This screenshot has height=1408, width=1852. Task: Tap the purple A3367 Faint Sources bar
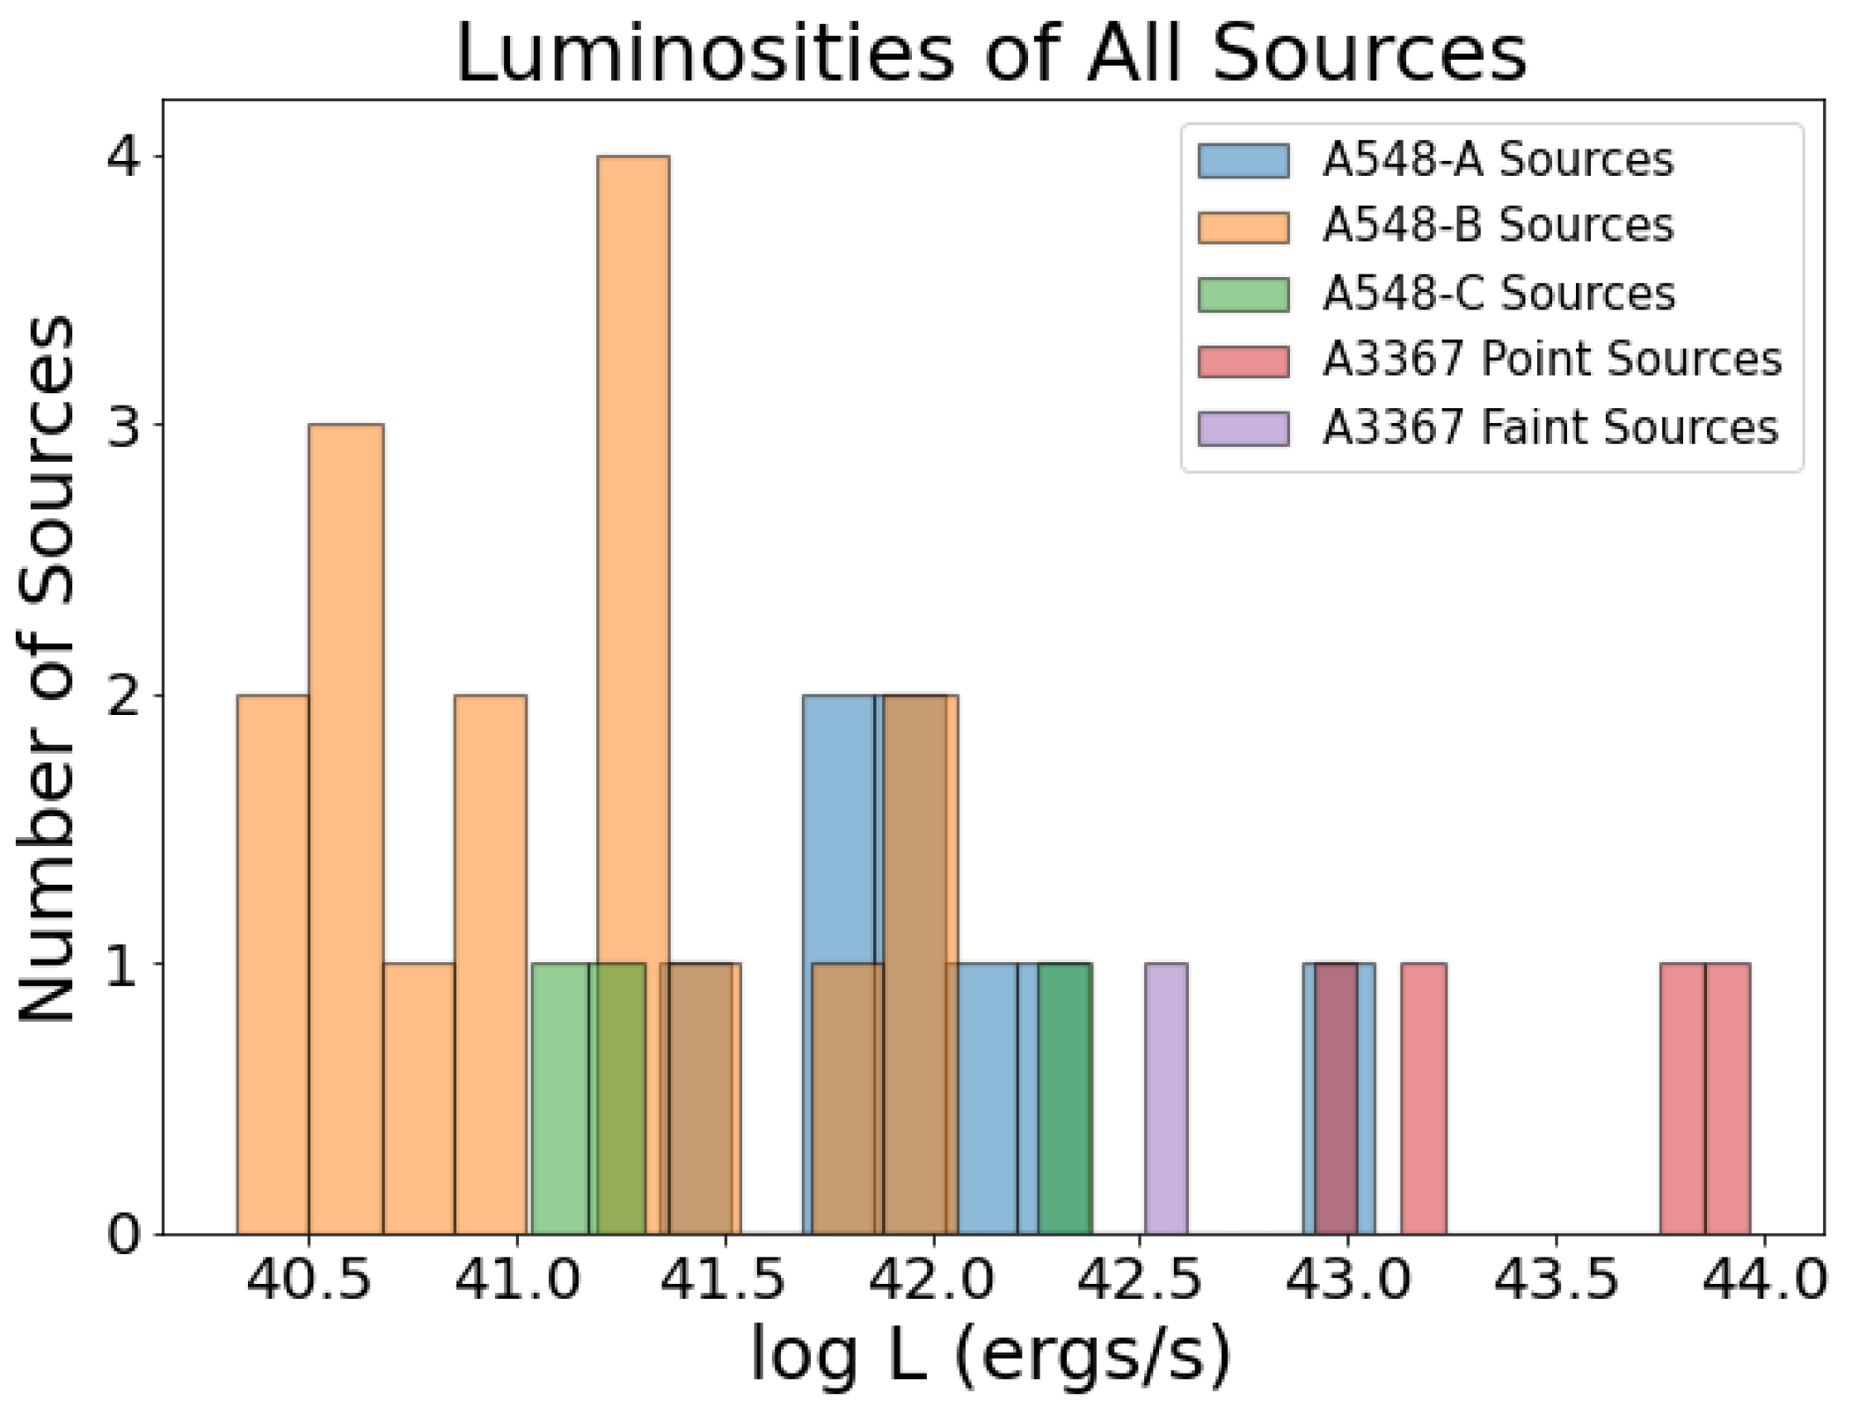click(1166, 1099)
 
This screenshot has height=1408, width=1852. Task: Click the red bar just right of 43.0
click(1423, 1099)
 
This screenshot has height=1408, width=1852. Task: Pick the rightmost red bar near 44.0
click(1727, 1099)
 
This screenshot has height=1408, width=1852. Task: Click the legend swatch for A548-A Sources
click(1243, 161)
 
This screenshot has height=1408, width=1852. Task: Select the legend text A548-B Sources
click(1498, 225)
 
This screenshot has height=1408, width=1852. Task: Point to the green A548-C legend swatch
click(1243, 294)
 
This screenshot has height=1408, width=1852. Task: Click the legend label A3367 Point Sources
click(1552, 360)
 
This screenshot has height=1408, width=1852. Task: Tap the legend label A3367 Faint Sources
click(1550, 427)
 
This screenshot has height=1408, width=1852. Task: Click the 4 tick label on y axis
click(126, 157)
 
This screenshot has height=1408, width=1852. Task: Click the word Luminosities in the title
click(704, 55)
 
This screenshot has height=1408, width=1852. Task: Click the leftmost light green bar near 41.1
click(560, 1099)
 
